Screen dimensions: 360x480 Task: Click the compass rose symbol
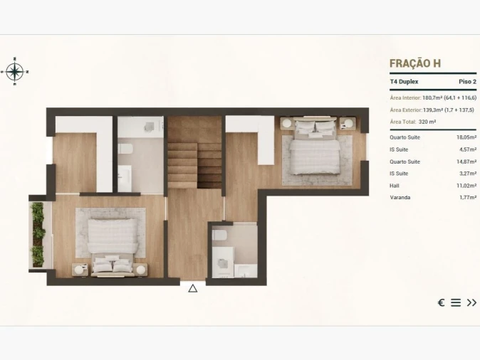coord(15,70)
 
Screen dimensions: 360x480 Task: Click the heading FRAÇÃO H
coord(415,63)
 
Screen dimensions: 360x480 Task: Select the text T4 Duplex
coord(405,82)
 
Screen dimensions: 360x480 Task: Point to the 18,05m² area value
coord(466,137)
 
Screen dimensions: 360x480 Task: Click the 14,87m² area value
coord(466,162)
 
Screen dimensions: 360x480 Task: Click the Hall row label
coord(395,186)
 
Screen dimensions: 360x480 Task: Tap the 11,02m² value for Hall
coord(466,186)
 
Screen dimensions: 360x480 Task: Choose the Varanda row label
coord(400,198)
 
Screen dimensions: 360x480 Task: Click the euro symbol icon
coord(441,302)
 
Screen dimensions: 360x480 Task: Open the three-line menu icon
coord(456,302)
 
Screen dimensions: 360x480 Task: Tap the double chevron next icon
coord(471,302)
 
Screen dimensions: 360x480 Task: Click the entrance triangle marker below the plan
coord(192,288)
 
